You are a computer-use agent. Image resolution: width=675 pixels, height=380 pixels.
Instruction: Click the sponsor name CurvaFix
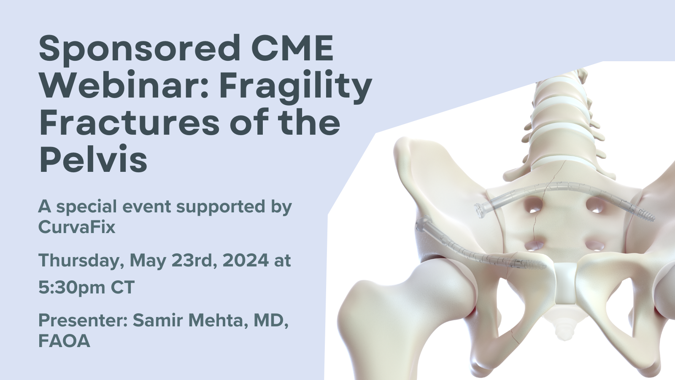click(76, 227)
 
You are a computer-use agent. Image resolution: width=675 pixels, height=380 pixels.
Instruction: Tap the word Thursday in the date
click(81, 261)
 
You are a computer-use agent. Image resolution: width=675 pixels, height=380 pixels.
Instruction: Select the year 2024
click(245, 260)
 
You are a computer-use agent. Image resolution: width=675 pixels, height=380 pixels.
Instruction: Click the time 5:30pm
click(72, 288)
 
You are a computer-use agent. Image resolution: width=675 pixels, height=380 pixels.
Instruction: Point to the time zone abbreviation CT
click(122, 288)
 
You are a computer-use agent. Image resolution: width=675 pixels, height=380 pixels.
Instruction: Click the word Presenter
click(83, 320)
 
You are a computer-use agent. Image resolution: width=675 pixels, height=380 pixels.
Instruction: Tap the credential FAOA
click(64, 341)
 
